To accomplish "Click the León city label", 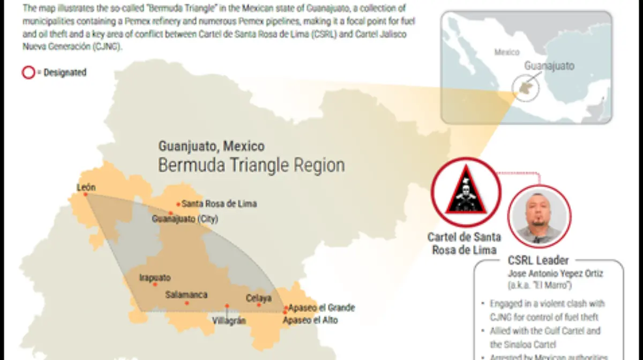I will [x=86, y=187].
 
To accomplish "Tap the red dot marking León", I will [x=85, y=194].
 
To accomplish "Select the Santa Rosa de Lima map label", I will [x=219, y=204].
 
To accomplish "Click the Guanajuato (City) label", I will [x=185, y=219].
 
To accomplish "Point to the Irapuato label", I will [x=155, y=277].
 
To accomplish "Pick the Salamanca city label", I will [x=186, y=295].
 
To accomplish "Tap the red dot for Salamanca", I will [x=187, y=303].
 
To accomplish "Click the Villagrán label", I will [x=229, y=320].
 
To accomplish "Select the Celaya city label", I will [x=259, y=298].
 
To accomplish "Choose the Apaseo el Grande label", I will [x=322, y=308].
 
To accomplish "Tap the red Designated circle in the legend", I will [x=28, y=73].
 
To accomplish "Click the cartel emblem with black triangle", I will [x=466, y=192].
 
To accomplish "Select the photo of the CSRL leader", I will [x=540, y=216].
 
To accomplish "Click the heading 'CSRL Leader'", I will [x=538, y=260].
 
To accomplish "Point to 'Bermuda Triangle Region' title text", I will [x=251, y=165].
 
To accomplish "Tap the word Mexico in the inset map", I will [x=506, y=52].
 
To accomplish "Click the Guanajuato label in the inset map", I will [x=549, y=66].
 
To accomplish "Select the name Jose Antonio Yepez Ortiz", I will [x=555, y=273].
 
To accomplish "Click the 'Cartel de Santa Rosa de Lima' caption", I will [x=465, y=243].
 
